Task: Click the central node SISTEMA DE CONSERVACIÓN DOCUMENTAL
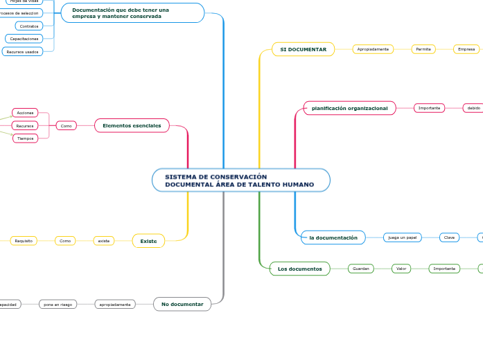[240, 181]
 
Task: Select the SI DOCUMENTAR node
[303, 49]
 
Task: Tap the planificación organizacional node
[349, 108]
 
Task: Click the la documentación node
[333, 237]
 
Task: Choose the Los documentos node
[299, 269]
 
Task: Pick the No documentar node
[182, 304]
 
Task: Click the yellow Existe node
[148, 241]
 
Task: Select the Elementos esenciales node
[132, 125]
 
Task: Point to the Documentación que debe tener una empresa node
[132, 12]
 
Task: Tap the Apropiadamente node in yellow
[373, 49]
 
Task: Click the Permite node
[423, 49]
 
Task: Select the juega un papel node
[402, 237]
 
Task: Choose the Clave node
[449, 237]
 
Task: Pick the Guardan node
[360, 269]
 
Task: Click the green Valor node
[401, 269]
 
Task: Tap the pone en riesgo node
[58, 304]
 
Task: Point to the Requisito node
[24, 241]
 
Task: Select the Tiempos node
[25, 138]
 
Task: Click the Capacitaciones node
[24, 39]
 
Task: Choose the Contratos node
[28, 26]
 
